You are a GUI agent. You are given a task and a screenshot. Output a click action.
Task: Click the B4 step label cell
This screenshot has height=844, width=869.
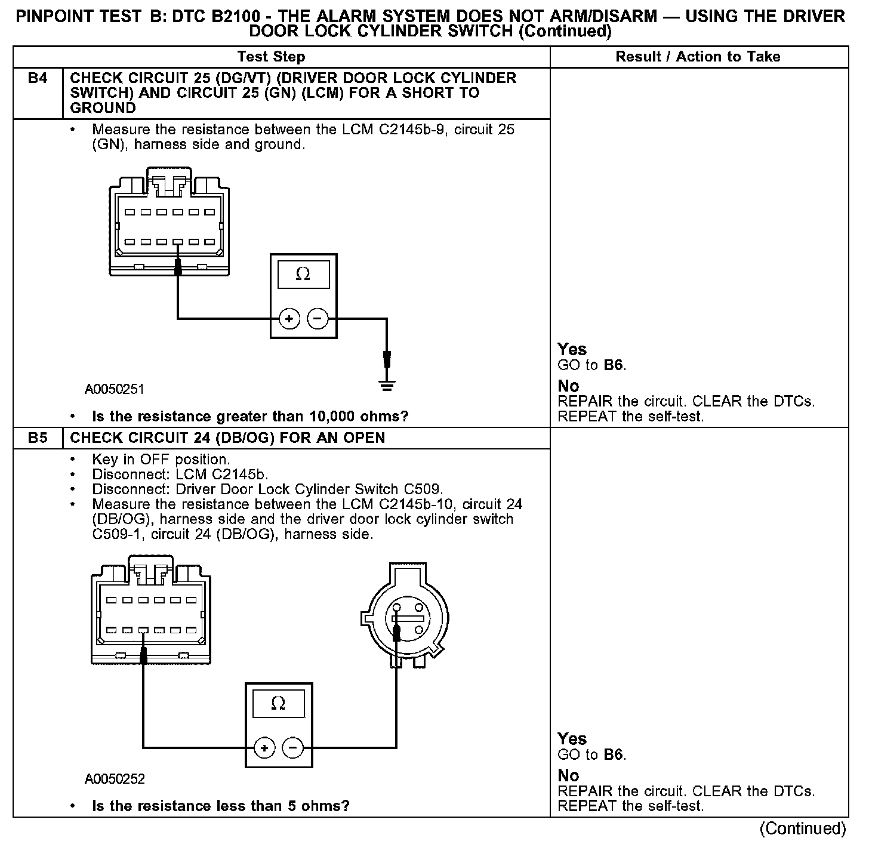(37, 79)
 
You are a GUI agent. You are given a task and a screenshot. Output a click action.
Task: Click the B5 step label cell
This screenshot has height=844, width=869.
(37, 438)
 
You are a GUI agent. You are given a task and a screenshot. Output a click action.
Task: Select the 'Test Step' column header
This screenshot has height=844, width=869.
(271, 57)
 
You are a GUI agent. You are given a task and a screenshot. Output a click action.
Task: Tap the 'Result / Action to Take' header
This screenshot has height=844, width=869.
(698, 57)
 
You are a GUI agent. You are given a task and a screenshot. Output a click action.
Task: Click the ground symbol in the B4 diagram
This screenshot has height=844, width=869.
(387, 385)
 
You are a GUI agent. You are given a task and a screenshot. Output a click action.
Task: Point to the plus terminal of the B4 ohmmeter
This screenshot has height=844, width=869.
(289, 319)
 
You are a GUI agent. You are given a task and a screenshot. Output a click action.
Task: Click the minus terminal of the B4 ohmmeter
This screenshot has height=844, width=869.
(317, 319)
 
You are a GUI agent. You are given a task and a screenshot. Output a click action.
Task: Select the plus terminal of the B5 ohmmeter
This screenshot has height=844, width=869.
(264, 748)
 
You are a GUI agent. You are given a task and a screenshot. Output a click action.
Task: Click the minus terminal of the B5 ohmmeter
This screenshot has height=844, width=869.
(292, 748)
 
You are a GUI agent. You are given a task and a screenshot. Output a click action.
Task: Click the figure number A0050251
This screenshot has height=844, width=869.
(115, 390)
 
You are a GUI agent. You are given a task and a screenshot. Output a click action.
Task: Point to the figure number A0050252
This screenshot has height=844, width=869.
(115, 779)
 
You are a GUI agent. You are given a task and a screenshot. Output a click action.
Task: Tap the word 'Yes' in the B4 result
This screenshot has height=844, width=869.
(572, 349)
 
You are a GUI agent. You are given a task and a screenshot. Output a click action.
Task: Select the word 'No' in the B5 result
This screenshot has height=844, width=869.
(568, 775)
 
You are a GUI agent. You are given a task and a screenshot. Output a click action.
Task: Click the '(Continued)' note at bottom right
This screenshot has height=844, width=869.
(802, 828)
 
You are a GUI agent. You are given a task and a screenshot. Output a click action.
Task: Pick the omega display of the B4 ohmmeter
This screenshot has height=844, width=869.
(303, 274)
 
